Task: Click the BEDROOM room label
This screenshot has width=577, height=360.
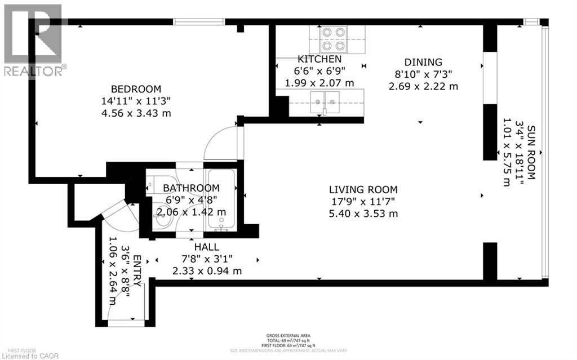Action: point(135,89)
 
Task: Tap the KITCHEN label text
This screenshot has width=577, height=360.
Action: point(319,59)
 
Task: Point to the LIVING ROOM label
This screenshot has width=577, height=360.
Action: point(364,190)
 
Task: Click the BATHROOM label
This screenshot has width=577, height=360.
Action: point(191,188)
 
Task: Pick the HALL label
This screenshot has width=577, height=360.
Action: point(207,247)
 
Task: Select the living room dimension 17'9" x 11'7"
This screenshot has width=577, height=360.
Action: point(364,202)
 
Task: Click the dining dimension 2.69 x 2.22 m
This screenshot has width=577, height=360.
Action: point(423,86)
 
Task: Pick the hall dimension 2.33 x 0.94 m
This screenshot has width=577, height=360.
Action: point(207,271)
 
